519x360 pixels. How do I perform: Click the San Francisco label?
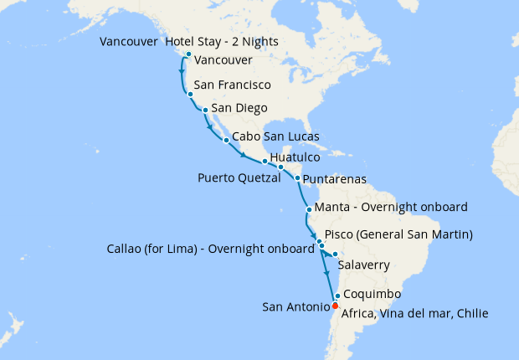pos(232,85)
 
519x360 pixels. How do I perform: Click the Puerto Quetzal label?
pos(239,178)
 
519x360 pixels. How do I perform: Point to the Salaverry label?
pos(364,265)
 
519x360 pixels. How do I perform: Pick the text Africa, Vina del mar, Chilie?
pos(414,314)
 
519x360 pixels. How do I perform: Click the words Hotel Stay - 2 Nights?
pos(222,42)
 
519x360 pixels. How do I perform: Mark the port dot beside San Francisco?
pos(191,95)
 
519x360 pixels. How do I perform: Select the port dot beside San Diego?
pos(205,109)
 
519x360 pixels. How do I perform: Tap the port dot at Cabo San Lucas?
pos(226,140)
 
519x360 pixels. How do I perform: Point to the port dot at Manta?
pos(310,209)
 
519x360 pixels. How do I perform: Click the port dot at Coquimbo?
pos(337,296)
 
